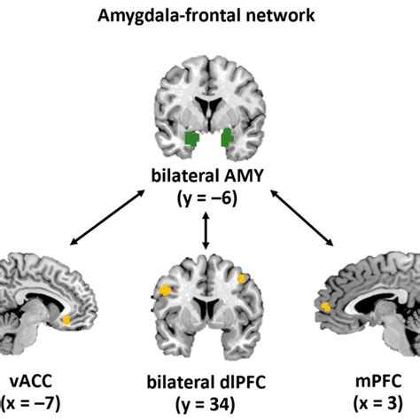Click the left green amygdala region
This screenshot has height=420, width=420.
[x=191, y=138]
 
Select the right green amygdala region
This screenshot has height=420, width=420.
[x=228, y=137]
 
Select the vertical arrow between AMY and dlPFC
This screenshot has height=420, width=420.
[x=206, y=232]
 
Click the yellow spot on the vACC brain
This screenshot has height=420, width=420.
[x=66, y=320]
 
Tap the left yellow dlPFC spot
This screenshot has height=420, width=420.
[x=165, y=289]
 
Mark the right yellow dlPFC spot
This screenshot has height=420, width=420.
[x=242, y=279]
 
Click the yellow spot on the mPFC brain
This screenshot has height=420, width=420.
[x=326, y=306]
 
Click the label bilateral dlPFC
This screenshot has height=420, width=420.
[x=209, y=383]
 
